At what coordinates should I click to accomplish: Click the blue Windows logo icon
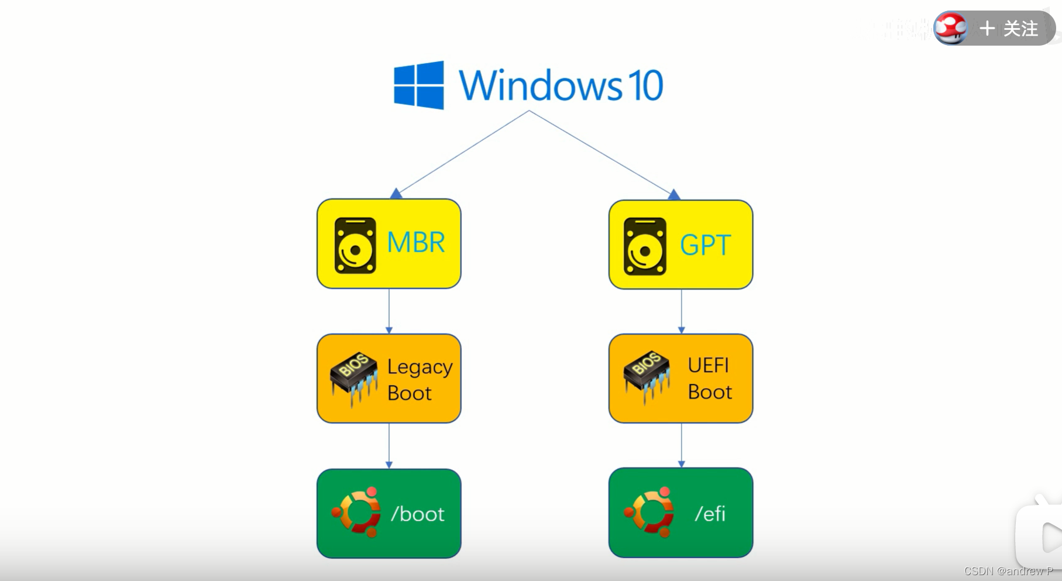pyautogui.click(x=419, y=85)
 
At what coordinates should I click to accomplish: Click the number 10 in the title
pyautogui.click(x=645, y=85)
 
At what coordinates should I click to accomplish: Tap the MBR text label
pyautogui.click(x=416, y=242)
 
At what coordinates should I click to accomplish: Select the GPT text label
pyautogui.click(x=706, y=245)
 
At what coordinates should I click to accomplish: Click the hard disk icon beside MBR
pyautogui.click(x=355, y=246)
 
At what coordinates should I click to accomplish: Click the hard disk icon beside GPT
pyautogui.click(x=645, y=246)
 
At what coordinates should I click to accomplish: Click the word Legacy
pyautogui.click(x=420, y=367)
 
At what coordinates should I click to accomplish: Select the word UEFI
pyautogui.click(x=709, y=366)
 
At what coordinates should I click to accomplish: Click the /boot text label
pyautogui.click(x=418, y=514)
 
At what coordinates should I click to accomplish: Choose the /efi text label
pyautogui.click(x=710, y=514)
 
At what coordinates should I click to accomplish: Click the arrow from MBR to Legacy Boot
pyautogui.click(x=389, y=311)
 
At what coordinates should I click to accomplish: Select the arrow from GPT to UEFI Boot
pyautogui.click(x=681, y=311)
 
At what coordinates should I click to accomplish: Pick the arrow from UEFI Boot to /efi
pyautogui.click(x=681, y=445)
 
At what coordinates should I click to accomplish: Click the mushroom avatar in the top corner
pyautogui.click(x=951, y=28)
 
